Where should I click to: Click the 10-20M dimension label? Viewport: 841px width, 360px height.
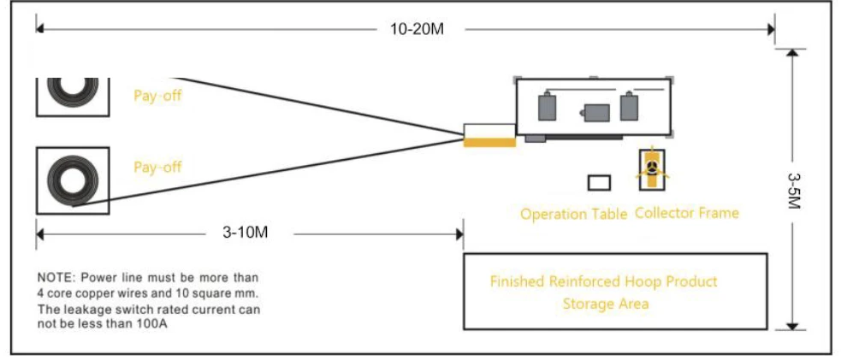[418, 29]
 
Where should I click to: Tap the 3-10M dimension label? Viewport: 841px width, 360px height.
[245, 233]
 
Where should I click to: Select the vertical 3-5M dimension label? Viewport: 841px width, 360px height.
[794, 190]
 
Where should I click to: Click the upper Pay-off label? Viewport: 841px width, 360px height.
[157, 97]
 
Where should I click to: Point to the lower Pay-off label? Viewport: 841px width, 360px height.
[157, 167]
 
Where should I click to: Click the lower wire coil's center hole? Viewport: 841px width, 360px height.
[73, 180]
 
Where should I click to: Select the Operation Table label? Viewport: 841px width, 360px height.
[574, 215]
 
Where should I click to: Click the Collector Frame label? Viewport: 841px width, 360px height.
[686, 213]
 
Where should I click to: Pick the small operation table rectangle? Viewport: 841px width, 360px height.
[599, 183]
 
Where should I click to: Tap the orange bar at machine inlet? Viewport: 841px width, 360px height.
[489, 142]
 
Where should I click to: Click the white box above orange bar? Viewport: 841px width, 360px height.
[489, 130]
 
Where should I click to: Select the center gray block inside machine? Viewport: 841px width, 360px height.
[596, 113]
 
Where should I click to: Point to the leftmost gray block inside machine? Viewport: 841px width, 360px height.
[547, 106]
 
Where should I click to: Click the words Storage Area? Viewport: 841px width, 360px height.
[606, 304]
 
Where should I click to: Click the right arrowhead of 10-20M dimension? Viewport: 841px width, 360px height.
[770, 29]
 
